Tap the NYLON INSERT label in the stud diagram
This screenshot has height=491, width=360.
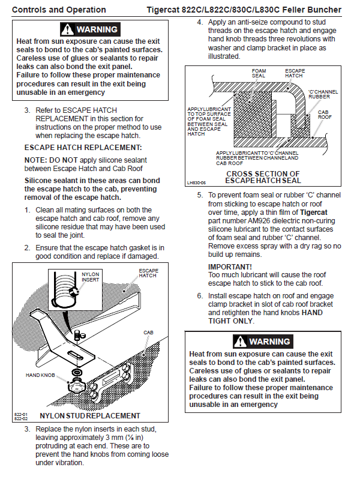pos(90,277)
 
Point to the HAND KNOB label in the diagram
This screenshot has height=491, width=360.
pos(41,375)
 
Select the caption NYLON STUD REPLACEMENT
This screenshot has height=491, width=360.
pos(89,415)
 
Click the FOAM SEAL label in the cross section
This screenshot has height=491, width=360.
pos(259,73)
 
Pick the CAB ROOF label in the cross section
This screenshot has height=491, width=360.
pos(323,115)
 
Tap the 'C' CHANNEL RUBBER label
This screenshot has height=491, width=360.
pos(323,94)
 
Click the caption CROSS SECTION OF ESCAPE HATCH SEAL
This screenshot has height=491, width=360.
pos(263,177)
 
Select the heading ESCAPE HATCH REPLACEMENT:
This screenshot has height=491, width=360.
pos(83,147)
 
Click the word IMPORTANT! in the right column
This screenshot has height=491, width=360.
pos(230,266)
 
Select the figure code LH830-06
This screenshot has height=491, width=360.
pos(196,182)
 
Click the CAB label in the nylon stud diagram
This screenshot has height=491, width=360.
pos(148,332)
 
